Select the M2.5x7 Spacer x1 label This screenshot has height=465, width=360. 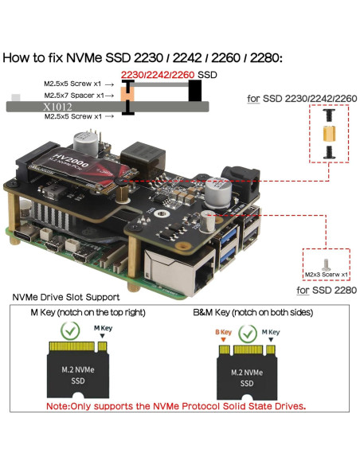click(73, 95)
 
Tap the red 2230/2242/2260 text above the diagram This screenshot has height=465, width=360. click(157, 74)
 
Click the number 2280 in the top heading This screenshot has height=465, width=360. click(263, 57)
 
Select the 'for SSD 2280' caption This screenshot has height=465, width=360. click(325, 291)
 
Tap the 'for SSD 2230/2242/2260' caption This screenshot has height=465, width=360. click(302, 99)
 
